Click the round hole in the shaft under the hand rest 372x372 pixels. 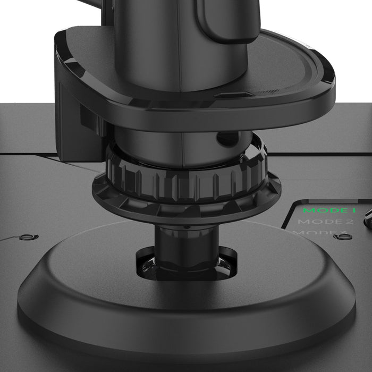click(x=227, y=139)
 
